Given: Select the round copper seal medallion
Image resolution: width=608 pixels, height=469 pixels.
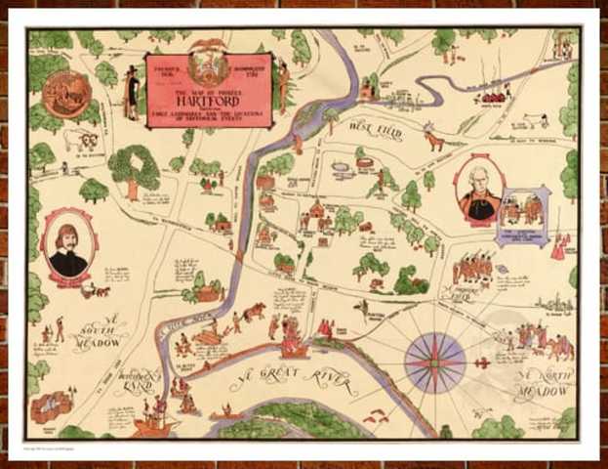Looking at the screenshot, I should pos(66,92).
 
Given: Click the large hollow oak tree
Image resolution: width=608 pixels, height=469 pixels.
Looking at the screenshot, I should pos(134,168).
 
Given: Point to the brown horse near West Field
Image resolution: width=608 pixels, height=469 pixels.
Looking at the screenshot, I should pos(433,142).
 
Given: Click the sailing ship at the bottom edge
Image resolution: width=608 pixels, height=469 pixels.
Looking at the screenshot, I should pos(155,421).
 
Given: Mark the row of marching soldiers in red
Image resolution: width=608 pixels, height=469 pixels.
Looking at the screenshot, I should pos(473,267).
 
